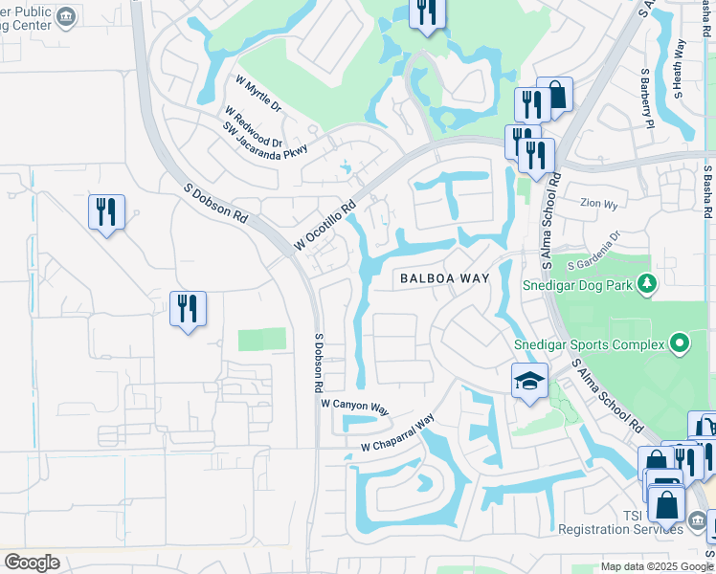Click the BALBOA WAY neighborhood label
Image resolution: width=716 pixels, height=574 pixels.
(x=444, y=278)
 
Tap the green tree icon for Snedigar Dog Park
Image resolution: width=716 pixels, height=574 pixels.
(x=647, y=283)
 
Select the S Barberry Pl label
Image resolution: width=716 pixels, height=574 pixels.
(x=646, y=98)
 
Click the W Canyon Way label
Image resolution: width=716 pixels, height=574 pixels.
(x=355, y=408)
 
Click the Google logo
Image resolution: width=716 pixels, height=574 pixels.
(x=32, y=563)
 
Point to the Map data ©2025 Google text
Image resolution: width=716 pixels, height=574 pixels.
(x=658, y=566)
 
